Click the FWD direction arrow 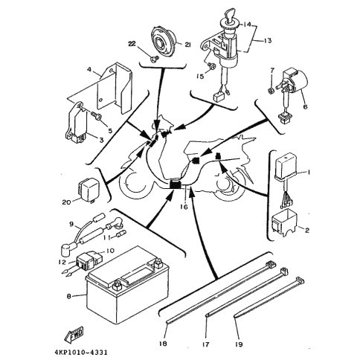[74, 334]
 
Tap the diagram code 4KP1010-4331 [81, 353]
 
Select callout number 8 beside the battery [68, 296]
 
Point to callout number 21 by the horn [187, 45]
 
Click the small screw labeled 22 [153, 59]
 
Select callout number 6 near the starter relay [305, 107]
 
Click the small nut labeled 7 [271, 91]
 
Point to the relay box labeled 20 [89, 190]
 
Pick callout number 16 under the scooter [184, 207]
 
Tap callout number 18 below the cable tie [164, 344]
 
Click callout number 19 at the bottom [239, 344]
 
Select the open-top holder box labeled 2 [284, 221]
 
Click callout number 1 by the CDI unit [309, 172]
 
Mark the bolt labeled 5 [97, 116]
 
